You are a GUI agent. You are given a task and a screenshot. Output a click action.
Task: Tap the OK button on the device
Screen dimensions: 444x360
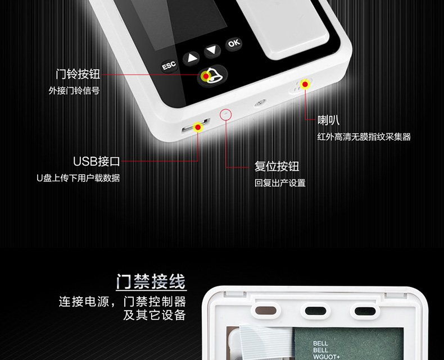coord(234,44)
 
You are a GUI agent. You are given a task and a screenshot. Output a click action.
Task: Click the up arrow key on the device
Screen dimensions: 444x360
coord(192,58)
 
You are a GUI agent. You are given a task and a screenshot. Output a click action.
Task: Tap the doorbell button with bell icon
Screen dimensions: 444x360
coord(212,76)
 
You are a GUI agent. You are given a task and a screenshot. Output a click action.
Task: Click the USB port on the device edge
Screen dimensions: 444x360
coord(196,126)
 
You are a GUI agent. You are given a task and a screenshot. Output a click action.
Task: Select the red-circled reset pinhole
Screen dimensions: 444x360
coord(226,115)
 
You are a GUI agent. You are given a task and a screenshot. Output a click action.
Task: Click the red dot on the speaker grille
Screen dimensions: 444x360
coord(305,84)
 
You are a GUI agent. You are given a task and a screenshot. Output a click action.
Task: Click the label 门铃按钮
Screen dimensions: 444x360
coord(78,74)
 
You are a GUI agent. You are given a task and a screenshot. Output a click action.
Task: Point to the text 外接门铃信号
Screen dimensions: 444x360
coord(74,90)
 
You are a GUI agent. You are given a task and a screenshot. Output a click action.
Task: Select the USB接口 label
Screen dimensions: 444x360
coord(97,161)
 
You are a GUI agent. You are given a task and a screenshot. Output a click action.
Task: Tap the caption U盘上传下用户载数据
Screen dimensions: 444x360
coord(78,178)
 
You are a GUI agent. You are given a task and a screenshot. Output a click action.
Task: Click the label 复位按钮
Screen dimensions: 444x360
coord(277,166)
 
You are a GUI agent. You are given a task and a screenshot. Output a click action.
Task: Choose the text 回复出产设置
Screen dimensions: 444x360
coord(280,183)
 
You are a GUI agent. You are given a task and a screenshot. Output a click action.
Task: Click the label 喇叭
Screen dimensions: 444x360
coord(328,120)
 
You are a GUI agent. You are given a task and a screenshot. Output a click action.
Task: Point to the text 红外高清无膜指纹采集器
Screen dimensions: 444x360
coord(364,137)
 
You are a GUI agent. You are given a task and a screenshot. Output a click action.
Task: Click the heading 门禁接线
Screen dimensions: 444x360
coord(151,281)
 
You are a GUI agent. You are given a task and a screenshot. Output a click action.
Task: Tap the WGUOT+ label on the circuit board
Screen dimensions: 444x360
coord(326,357)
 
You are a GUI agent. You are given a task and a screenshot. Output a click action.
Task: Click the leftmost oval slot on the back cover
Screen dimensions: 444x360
coord(266,311)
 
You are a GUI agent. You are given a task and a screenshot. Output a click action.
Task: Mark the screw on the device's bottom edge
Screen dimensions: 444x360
coord(260,103)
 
